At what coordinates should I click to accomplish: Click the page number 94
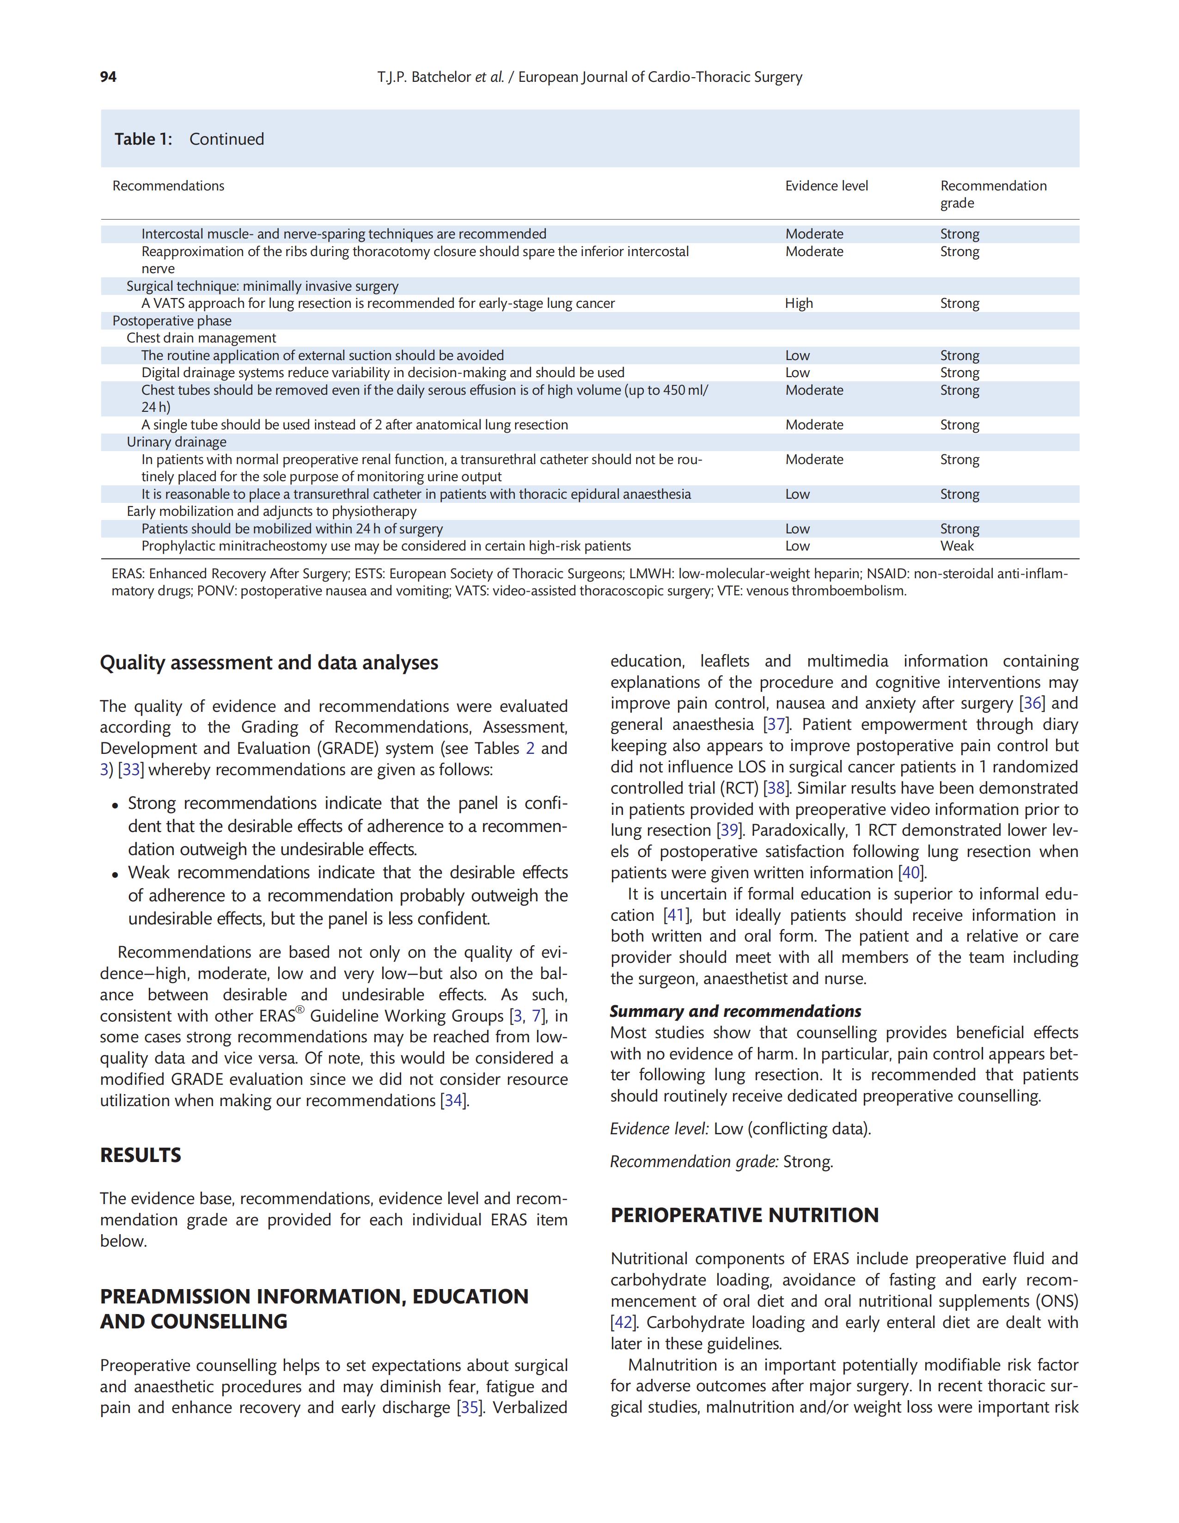[x=108, y=77]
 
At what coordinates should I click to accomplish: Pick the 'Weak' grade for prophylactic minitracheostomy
[x=957, y=546]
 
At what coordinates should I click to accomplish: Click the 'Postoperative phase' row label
[x=171, y=321]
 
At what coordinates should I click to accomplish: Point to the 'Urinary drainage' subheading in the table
[x=177, y=442]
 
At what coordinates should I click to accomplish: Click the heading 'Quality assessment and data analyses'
[x=269, y=662]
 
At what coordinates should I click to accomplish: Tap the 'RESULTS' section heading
[x=140, y=1156]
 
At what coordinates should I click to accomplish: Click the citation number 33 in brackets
[x=130, y=770]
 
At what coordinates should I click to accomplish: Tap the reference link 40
[x=910, y=873]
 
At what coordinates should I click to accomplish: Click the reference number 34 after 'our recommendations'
[x=453, y=1101]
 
